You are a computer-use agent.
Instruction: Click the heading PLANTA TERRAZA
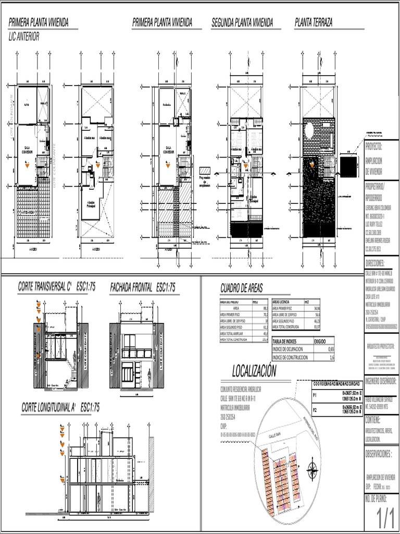coord(314,22)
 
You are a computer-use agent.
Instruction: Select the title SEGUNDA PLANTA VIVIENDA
coord(242,22)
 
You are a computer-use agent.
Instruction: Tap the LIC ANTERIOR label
coord(24,37)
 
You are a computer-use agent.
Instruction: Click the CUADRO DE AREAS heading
coord(242,288)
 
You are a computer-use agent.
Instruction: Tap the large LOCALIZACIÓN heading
coord(254,371)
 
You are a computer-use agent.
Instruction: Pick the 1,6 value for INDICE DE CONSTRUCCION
coord(332,357)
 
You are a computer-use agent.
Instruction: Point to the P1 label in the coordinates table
coord(315,395)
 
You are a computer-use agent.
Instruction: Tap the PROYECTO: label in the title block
coord(373,147)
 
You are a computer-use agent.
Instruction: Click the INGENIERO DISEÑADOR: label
coord(380,381)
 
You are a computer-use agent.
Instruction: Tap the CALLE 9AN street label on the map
coord(275,434)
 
